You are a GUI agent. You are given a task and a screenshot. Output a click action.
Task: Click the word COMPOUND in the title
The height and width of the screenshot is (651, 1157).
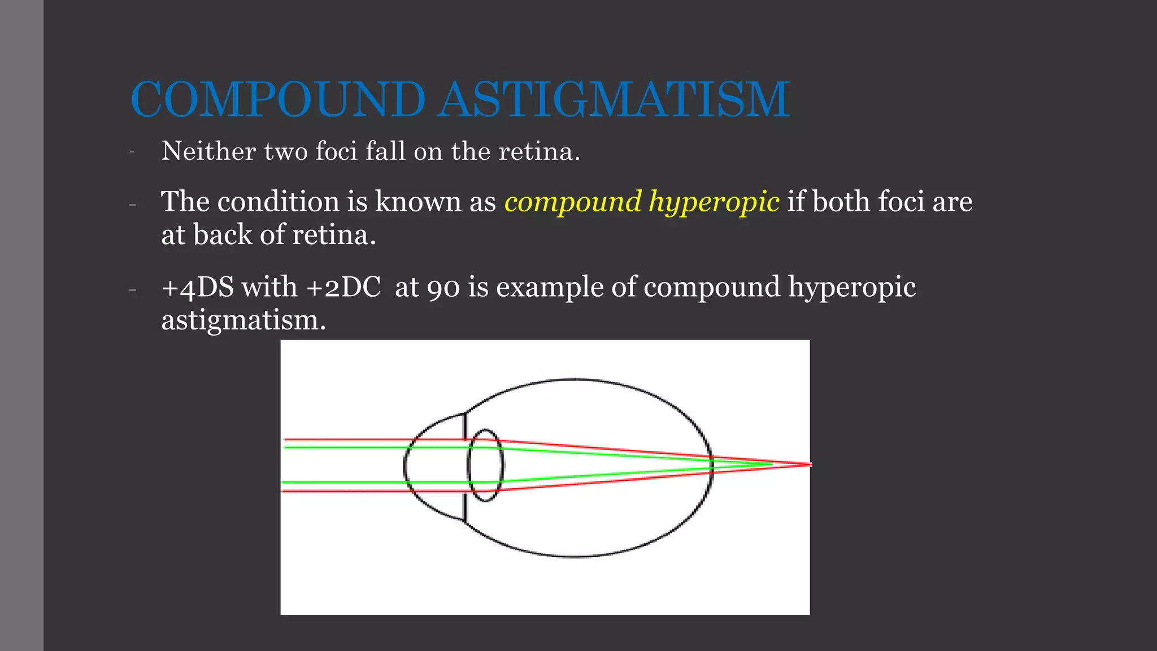(277, 99)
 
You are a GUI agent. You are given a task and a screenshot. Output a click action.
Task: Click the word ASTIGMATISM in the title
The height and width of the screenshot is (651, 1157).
(614, 99)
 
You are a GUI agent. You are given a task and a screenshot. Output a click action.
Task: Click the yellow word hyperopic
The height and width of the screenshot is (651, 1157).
(714, 202)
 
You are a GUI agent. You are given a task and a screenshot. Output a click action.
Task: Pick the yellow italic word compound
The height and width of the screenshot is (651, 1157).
(573, 202)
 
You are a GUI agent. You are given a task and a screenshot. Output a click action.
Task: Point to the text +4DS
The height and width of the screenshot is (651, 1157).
(198, 287)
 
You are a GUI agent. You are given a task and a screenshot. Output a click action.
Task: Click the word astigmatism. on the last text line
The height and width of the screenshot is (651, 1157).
(243, 320)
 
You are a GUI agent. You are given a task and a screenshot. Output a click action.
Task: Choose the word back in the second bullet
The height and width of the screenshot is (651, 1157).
(221, 235)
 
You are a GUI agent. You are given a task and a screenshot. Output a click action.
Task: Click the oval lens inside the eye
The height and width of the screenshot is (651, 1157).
(485, 466)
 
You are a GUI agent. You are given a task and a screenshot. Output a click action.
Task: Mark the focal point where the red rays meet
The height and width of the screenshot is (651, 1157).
(809, 465)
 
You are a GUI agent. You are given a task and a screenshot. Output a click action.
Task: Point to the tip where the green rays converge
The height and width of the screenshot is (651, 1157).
(771, 464)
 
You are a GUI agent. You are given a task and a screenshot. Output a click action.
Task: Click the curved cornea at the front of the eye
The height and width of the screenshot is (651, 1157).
(406, 467)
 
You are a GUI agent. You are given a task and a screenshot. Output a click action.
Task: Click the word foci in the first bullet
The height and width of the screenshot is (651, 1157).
(336, 151)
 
